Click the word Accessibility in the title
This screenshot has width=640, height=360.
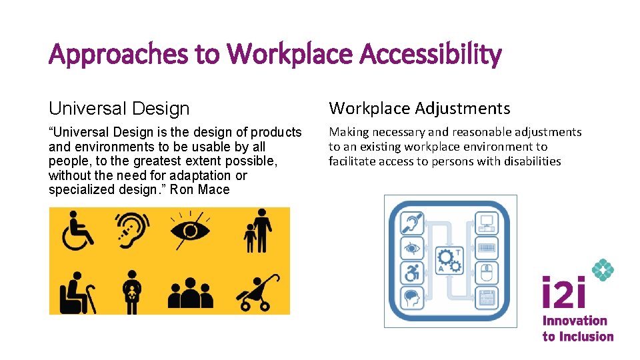tap(430, 54)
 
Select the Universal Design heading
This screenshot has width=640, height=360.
tap(119, 108)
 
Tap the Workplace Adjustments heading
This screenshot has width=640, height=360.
tap(419, 108)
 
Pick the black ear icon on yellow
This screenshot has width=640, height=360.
tap(133, 230)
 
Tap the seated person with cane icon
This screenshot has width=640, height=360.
tap(79, 291)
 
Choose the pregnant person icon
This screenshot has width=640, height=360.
tap(133, 291)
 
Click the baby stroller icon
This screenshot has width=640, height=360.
tap(254, 293)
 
